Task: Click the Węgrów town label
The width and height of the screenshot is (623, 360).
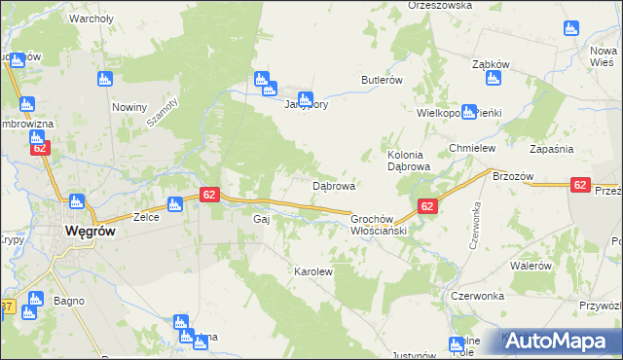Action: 92,231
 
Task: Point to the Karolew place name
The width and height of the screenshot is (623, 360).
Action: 313,272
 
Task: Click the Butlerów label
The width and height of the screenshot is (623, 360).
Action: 382,80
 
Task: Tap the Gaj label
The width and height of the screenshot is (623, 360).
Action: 260,220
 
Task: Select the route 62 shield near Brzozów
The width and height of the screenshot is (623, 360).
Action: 580,185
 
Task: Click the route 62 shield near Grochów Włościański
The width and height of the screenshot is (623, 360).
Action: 426,206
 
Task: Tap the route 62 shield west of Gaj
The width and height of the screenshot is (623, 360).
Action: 208,195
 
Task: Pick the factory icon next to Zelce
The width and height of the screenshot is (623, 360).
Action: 174,204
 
